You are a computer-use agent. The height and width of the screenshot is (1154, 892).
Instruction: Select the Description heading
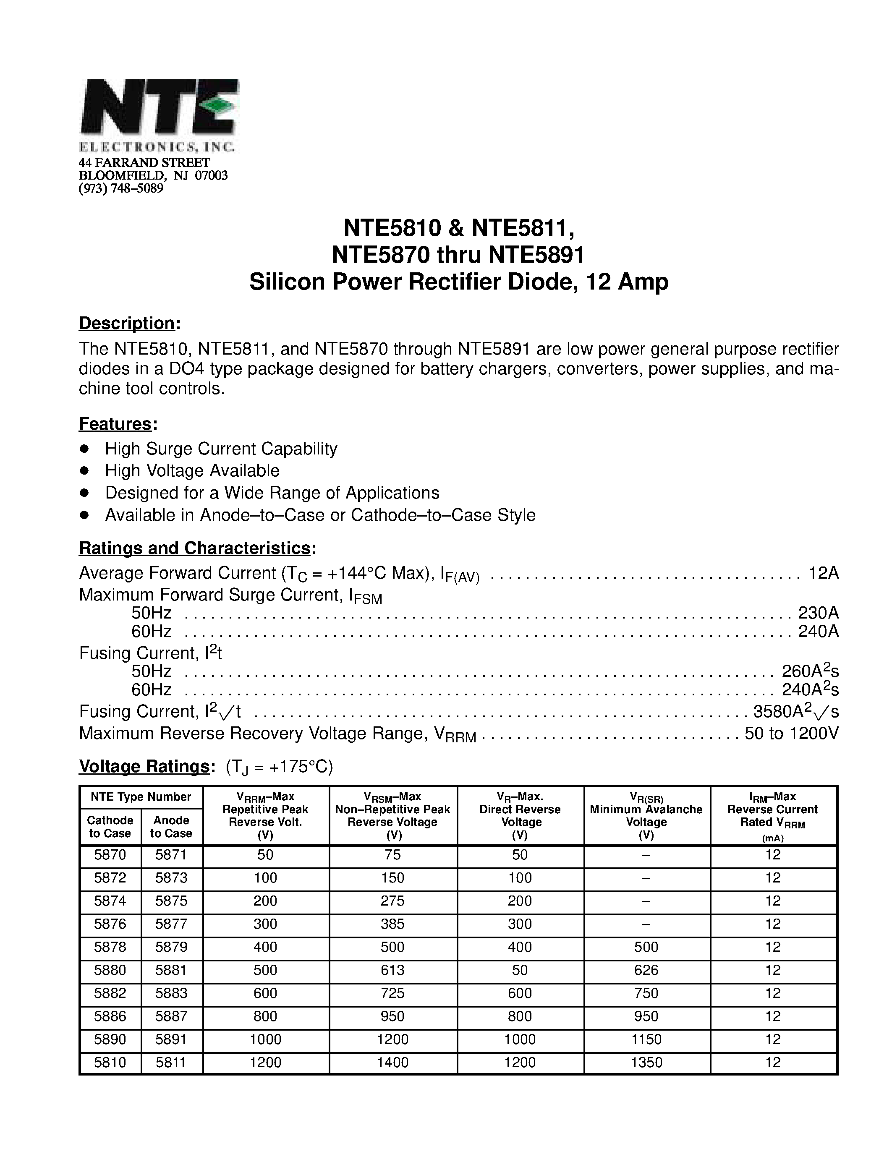[x=127, y=323]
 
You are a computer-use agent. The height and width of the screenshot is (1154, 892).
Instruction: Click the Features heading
[x=115, y=424]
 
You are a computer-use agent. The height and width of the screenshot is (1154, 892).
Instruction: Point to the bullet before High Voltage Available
[x=84, y=470]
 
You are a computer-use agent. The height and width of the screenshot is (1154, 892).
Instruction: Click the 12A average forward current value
[x=823, y=573]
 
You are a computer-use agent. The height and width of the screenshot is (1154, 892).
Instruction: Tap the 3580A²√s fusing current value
[x=795, y=712]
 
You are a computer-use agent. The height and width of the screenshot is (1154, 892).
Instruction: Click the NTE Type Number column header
[x=141, y=797]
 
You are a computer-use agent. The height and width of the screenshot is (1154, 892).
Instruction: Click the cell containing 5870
[x=110, y=855]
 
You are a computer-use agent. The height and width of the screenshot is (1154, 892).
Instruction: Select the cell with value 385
[x=392, y=924]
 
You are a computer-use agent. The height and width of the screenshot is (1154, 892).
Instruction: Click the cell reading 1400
[x=392, y=1063]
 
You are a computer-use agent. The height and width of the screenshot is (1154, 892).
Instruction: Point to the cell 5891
[x=171, y=1039]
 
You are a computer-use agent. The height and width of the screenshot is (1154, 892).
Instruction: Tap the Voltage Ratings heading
[x=144, y=766]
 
